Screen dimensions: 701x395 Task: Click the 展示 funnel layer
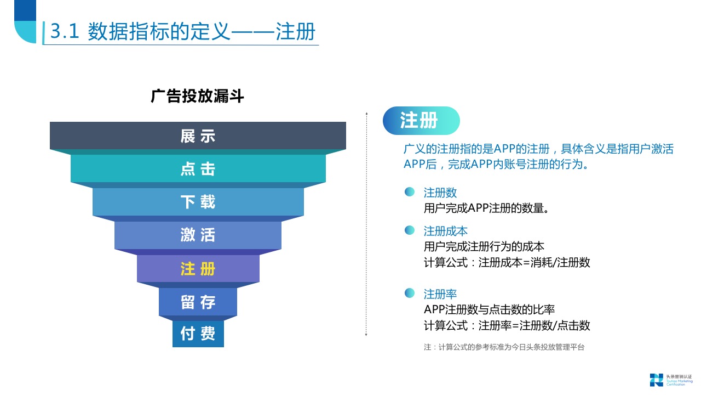[198, 136]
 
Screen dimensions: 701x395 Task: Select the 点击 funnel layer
[198, 168]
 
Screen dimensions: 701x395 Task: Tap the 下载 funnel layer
[198, 201]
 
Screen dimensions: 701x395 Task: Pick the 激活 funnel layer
[198, 235]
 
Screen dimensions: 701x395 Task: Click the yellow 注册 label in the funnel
[198, 269]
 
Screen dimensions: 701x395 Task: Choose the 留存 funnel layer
[198, 302]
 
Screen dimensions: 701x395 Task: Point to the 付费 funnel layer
[198, 334]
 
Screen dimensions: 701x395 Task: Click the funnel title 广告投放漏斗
[197, 96]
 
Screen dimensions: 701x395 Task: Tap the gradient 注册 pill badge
[421, 121]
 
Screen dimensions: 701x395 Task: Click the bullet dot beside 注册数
[409, 192]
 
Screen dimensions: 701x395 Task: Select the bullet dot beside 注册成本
[409, 230]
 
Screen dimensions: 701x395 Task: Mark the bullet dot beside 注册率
[409, 293]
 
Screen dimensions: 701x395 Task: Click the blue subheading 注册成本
[445, 232]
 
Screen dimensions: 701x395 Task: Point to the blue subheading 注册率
[440, 294]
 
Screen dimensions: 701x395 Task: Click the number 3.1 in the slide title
[65, 31]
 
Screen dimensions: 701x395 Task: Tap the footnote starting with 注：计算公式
[504, 347]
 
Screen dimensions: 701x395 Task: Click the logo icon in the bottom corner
[656, 380]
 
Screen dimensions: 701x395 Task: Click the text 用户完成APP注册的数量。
[486, 208]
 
